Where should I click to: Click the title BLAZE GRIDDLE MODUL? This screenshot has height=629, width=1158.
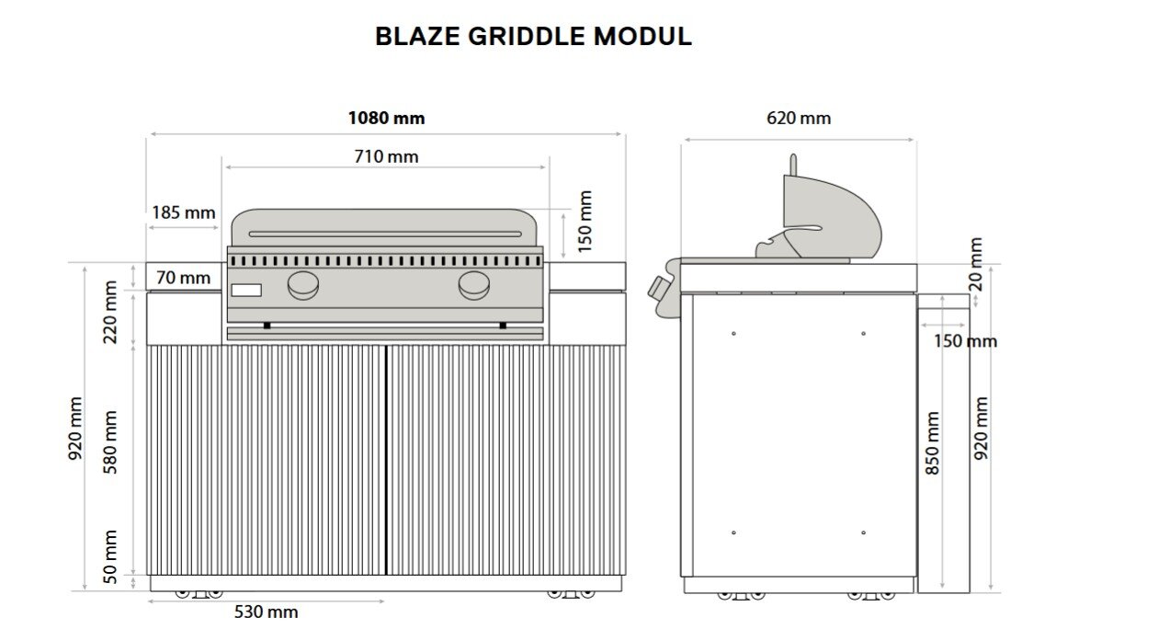coord(533,37)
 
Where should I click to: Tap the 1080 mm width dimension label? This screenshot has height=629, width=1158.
coord(386,118)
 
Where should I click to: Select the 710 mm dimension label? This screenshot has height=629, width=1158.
coord(386,156)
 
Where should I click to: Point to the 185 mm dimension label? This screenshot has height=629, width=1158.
coord(184,212)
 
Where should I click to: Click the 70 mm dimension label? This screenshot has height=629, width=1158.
coord(183,277)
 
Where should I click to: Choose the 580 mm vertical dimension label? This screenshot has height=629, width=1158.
coord(111,442)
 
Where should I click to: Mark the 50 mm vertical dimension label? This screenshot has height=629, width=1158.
coord(111,556)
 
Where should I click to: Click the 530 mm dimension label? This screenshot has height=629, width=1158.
coord(267,612)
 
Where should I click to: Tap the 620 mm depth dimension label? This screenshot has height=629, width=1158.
coord(799,118)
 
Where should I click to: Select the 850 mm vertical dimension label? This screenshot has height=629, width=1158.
coord(933,442)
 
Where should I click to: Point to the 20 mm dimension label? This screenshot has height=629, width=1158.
coord(976,264)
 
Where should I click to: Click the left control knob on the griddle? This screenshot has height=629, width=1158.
coord(303,286)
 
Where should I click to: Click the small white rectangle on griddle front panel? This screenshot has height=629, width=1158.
coord(246,291)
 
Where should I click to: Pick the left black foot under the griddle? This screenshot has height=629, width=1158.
coord(267,325)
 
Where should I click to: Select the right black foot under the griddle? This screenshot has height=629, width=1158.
coord(503,325)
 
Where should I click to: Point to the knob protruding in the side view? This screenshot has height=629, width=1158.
coord(658,287)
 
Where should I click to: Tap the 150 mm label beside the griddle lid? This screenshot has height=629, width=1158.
coord(585,221)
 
